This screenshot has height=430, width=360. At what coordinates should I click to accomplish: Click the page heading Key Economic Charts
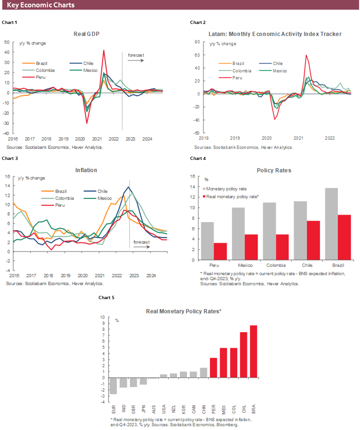click(x=41, y=5)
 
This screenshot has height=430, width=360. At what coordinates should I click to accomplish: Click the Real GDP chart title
click(x=87, y=34)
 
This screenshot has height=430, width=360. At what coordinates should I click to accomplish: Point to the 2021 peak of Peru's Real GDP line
click(x=104, y=51)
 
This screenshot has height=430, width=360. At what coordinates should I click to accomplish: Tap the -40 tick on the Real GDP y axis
click(x=7, y=133)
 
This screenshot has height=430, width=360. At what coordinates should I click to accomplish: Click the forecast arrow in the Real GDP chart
click(x=136, y=61)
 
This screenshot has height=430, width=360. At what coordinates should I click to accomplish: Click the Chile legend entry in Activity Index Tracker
click(x=278, y=64)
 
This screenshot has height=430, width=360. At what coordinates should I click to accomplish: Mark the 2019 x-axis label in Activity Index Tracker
click(x=235, y=138)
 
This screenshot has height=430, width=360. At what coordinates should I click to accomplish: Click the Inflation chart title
click(x=86, y=170)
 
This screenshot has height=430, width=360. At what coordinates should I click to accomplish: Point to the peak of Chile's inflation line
click(x=128, y=187)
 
